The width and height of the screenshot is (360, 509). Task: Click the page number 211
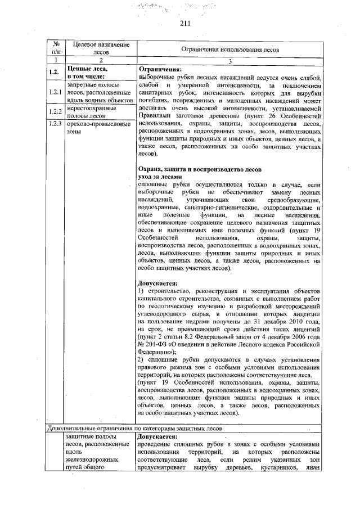click(186, 23)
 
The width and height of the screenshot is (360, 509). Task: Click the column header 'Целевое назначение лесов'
click(98, 48)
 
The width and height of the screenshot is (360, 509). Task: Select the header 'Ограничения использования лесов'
click(228, 49)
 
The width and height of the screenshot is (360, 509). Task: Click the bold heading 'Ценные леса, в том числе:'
click(88, 71)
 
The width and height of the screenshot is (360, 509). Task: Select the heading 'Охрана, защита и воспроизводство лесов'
click(200, 169)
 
